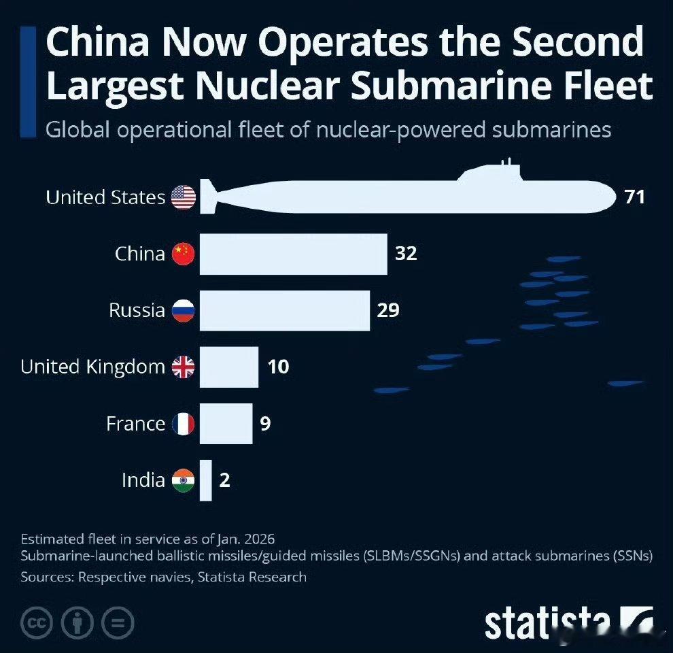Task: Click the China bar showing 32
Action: [x=293, y=254]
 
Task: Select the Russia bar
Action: [x=284, y=310]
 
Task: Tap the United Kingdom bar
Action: [x=228, y=367]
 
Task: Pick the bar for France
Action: [x=226, y=423]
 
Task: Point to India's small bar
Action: [x=205, y=480]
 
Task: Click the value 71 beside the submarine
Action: [x=634, y=197]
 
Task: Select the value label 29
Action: [x=388, y=310]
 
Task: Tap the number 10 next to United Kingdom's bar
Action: [x=278, y=367]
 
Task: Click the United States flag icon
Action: [x=184, y=197]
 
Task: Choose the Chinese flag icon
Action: [x=184, y=254]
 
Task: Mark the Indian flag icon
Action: [x=184, y=480]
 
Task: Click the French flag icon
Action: [x=184, y=423]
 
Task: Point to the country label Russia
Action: [x=137, y=310]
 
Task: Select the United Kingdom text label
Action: [x=92, y=367]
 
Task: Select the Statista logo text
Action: [x=547, y=622]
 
